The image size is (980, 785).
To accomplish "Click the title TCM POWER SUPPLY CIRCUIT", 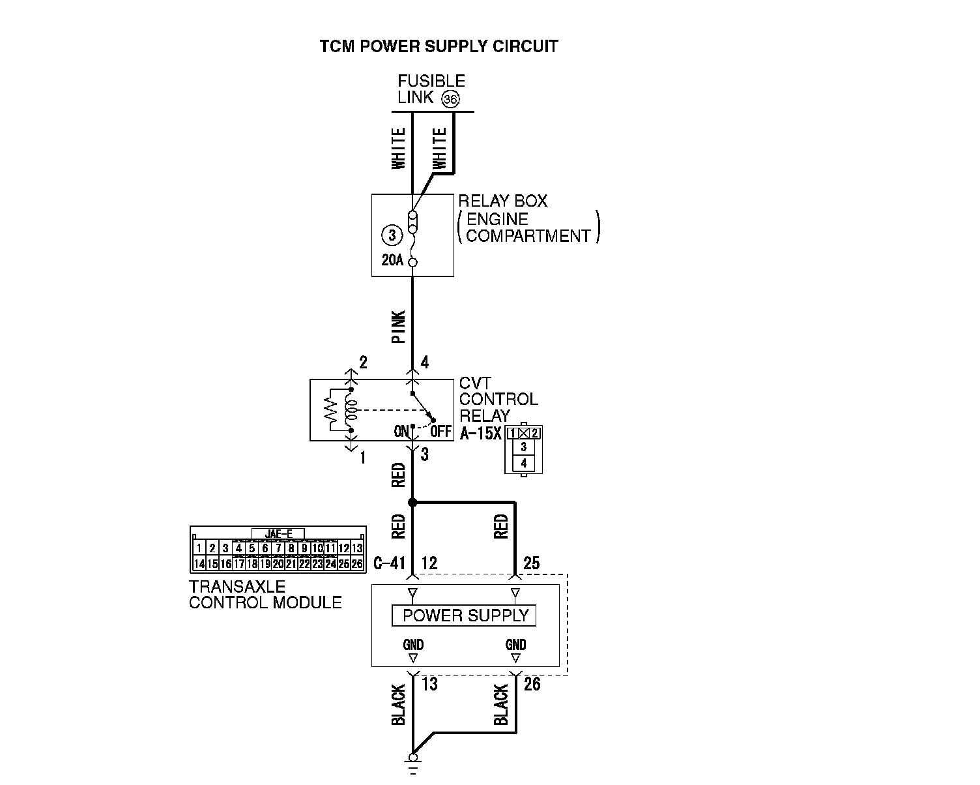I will (439, 46).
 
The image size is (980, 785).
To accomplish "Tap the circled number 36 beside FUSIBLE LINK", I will (450, 99).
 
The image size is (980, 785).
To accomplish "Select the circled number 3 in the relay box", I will (391, 235).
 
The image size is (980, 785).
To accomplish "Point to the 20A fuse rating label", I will (392, 261).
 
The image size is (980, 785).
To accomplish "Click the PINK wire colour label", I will (398, 326).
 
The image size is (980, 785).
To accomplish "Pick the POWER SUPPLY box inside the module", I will (464, 615).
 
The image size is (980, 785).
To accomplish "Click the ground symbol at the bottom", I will (412, 760).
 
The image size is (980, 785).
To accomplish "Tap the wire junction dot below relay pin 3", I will (412, 502).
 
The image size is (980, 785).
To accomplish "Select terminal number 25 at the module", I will (532, 563).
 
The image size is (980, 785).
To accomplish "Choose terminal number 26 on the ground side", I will (532, 685).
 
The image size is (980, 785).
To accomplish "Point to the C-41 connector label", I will (390, 563).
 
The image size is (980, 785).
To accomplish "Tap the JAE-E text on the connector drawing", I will (278, 534).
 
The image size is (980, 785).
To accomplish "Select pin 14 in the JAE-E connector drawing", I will (199, 564).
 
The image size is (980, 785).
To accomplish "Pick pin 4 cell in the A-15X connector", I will (524, 464).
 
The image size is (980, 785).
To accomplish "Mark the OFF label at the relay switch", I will (441, 432).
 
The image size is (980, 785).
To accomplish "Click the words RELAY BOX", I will (503, 201).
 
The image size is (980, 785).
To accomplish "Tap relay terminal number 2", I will (363, 363).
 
